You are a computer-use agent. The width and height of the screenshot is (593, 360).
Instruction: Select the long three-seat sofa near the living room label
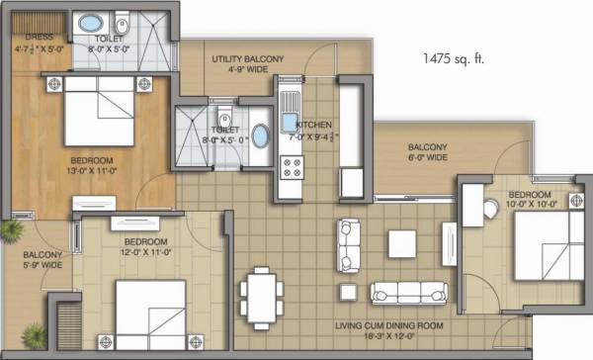pyautogui.click(x=405, y=293)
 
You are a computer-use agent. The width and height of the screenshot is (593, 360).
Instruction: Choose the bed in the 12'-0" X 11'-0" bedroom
pyautogui.click(x=150, y=311)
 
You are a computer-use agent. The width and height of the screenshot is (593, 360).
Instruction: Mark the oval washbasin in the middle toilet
pyautogui.click(x=259, y=135)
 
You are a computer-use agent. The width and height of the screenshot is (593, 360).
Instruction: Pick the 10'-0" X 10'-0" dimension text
pyautogui.click(x=533, y=205)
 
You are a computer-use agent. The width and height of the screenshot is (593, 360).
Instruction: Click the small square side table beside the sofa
pyautogui.click(x=347, y=292)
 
